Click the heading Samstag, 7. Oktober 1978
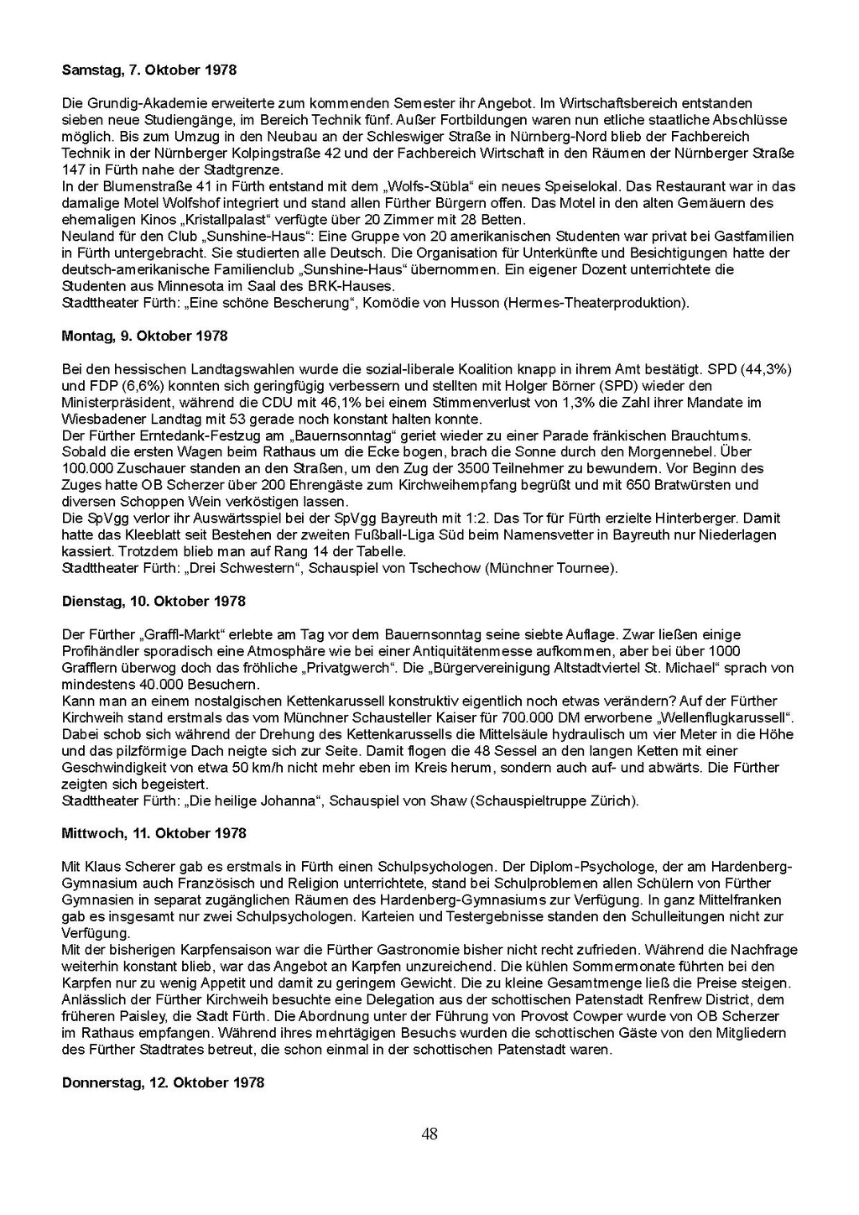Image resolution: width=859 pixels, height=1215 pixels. tap(148, 70)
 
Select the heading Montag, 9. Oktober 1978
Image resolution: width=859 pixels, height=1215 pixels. tap(144, 336)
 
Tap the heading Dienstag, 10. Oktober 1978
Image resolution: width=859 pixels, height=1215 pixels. tap(154, 602)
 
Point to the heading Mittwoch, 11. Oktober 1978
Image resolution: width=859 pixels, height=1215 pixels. tap(154, 833)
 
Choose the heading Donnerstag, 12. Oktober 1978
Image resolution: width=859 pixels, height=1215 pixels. tap(163, 1082)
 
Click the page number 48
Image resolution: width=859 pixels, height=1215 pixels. tap(429, 1134)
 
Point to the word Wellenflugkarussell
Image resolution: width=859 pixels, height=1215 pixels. tap(726, 717)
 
